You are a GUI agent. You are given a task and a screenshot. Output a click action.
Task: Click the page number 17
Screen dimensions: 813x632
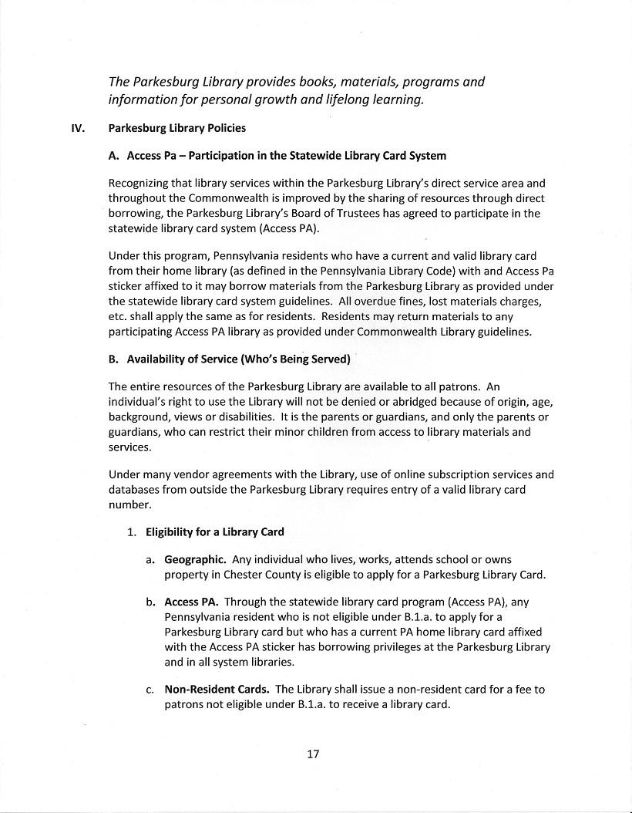tap(313, 754)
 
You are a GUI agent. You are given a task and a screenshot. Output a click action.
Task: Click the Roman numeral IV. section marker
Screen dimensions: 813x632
tap(77, 128)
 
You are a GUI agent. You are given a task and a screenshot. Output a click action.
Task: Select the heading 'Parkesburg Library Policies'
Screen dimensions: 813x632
tap(176, 128)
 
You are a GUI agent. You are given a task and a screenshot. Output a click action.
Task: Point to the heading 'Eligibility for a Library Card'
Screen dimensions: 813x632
tap(215, 531)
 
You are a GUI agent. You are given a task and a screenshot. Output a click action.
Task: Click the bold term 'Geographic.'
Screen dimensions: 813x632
tap(195, 559)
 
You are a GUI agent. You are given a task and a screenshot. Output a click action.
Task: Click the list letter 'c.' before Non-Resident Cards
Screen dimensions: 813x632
tap(150, 690)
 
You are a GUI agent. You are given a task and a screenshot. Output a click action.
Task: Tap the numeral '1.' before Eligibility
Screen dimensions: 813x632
tap(132, 531)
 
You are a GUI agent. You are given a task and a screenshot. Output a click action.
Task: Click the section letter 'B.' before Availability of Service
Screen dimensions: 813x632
tap(113, 359)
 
